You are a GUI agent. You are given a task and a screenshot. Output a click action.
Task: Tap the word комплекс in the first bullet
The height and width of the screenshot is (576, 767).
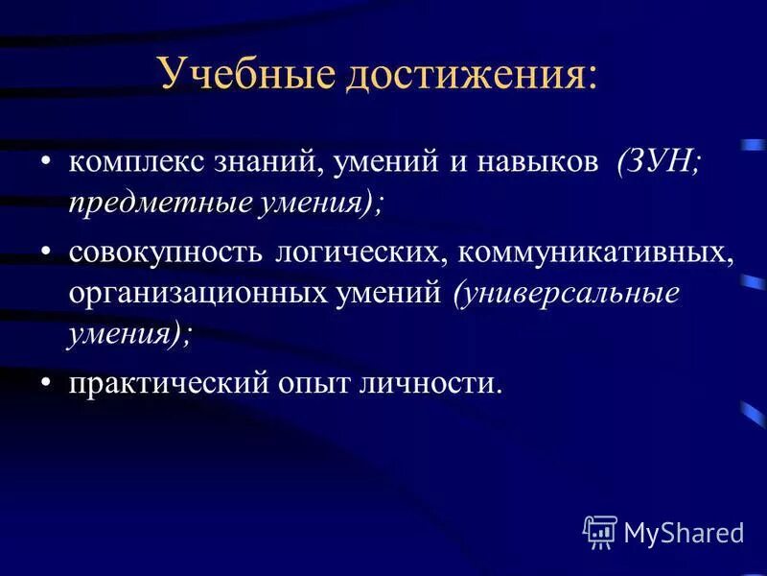point(128,162)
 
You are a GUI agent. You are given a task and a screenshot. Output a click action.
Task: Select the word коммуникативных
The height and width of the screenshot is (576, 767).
point(595,253)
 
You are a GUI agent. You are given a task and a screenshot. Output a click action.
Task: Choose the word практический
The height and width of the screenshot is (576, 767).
point(171,384)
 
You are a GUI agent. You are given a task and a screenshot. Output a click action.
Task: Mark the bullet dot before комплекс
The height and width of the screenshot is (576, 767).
point(47,160)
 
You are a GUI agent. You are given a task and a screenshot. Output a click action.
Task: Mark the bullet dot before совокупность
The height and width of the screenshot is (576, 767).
point(47,252)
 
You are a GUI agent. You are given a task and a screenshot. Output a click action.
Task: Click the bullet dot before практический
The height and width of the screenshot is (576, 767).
point(47,382)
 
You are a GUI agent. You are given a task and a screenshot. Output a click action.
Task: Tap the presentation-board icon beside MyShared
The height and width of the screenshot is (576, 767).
point(600,531)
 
